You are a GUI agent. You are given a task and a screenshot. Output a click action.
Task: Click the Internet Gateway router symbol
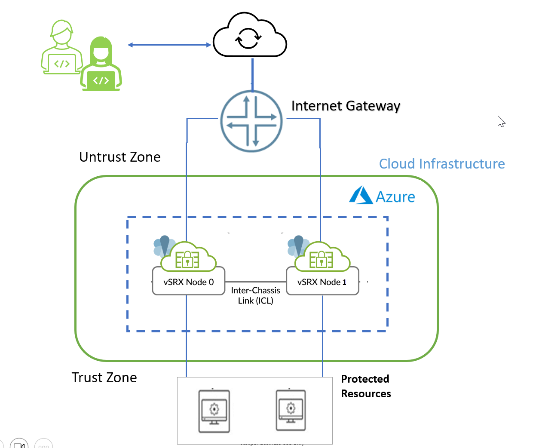coord(251,121)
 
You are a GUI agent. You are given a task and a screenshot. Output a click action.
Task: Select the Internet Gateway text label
coord(346,106)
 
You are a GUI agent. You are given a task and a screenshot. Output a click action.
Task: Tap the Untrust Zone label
coord(119,157)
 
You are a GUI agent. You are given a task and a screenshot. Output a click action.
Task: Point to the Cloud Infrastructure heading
coord(441,164)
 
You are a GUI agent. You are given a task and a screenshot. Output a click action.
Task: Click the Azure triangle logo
coord(361,195)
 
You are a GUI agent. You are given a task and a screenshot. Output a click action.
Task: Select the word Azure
coord(395,197)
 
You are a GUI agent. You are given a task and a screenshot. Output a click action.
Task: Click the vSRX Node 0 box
coord(188,282)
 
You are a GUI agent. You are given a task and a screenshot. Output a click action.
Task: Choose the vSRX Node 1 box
coord(322,282)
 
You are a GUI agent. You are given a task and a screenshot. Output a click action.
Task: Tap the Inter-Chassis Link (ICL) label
coord(255,296)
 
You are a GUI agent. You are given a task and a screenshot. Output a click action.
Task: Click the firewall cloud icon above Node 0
coord(188,258)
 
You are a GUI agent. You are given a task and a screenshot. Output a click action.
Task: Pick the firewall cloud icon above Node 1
coord(322,258)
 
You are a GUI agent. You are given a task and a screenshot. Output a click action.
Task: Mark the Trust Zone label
coord(104,377)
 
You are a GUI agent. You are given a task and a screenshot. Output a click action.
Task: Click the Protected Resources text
coord(366,386)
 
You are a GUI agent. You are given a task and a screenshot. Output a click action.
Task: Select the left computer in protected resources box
coord(214,411)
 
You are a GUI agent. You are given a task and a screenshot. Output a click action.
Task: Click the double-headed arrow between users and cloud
coord(169,45)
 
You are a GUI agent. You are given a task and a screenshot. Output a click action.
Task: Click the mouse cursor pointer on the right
coord(501,122)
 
